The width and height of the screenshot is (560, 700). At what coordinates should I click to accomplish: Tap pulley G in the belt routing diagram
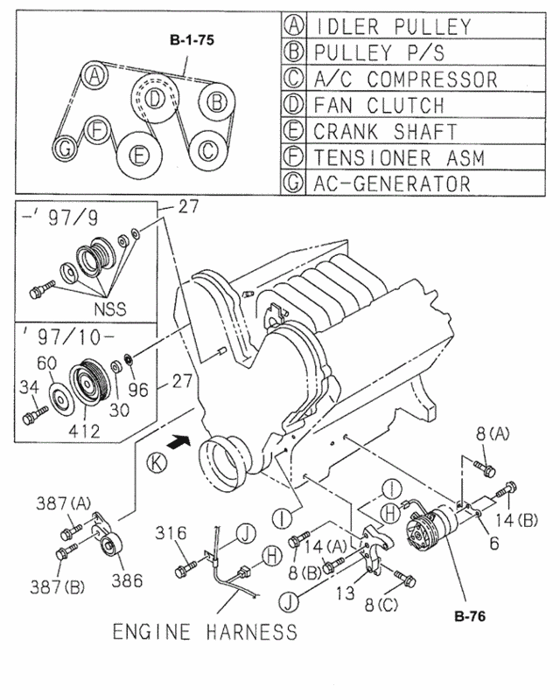point(65,151)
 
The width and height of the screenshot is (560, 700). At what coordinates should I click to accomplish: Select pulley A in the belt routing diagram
point(94,77)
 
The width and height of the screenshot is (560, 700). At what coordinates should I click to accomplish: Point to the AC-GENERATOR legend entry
point(392,184)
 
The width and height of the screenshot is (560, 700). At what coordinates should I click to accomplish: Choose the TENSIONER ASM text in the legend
point(398,158)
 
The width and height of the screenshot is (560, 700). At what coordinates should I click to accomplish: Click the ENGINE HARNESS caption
point(204,631)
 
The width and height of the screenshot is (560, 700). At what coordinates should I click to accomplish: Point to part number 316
point(172,532)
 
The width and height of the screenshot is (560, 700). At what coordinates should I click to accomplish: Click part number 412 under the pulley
point(84,431)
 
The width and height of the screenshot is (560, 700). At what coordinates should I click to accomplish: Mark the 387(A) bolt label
point(63,502)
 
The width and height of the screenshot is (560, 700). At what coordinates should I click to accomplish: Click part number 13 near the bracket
point(346,592)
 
